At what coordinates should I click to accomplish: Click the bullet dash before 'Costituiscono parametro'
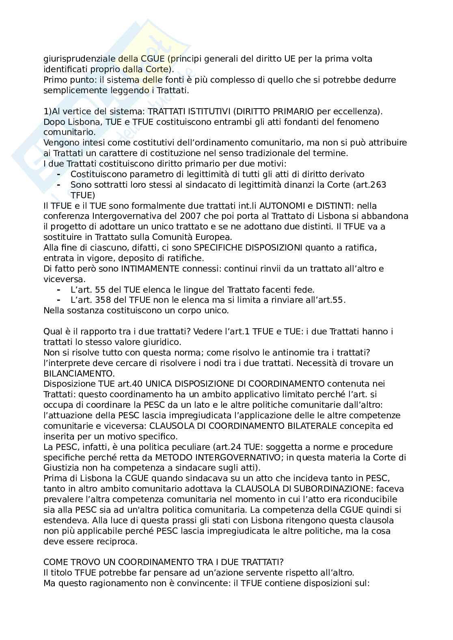pyautogui.click(x=59, y=174)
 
